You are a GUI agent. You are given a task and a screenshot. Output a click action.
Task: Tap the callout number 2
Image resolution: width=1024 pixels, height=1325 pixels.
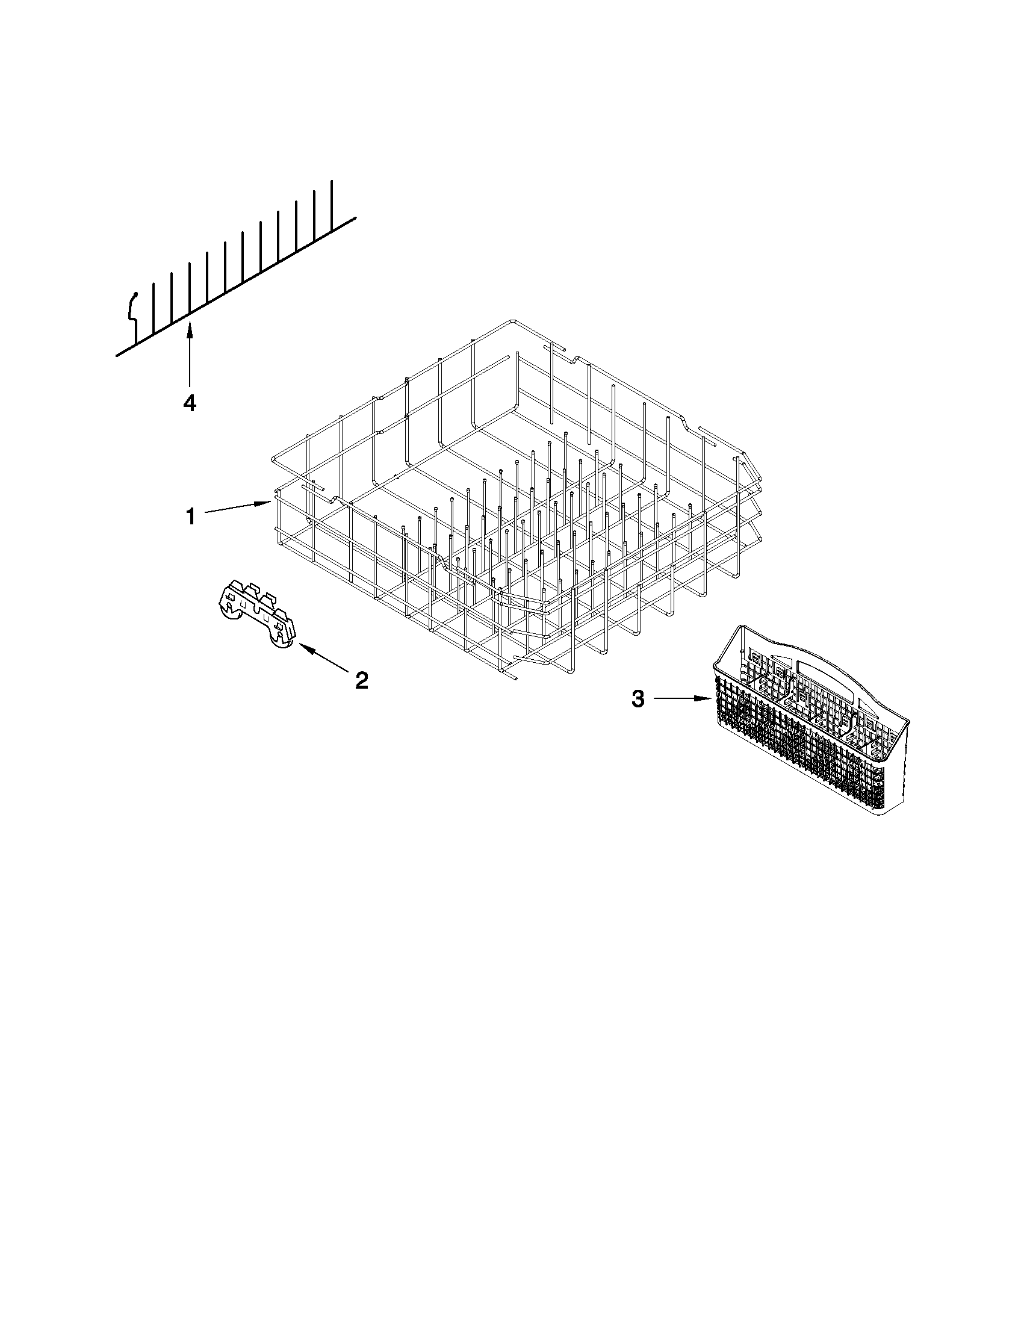pyautogui.click(x=361, y=680)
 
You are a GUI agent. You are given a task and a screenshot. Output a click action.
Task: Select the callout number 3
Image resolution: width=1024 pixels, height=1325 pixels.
pyautogui.click(x=638, y=699)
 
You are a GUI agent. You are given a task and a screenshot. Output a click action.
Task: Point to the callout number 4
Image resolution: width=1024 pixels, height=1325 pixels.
pyautogui.click(x=190, y=403)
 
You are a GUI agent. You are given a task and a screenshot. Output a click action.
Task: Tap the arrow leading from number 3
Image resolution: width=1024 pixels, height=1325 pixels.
pyautogui.click(x=683, y=699)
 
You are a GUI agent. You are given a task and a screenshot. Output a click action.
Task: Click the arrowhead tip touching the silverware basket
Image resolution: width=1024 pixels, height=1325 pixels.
pyautogui.click(x=709, y=699)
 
